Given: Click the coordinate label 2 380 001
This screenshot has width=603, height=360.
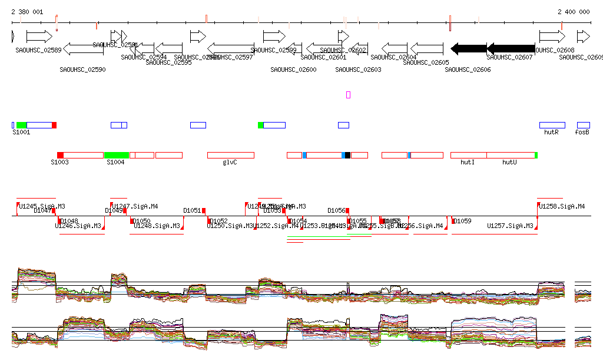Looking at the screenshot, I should pyautogui.click(x=27, y=12).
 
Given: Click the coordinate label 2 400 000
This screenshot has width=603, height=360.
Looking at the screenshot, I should pyautogui.click(x=574, y=12).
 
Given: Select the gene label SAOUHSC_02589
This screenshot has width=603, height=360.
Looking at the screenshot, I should pyautogui.click(x=38, y=50).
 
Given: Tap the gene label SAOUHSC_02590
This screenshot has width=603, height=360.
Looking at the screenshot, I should pyautogui.click(x=82, y=70).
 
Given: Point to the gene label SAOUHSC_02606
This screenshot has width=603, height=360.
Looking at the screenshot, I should pyautogui.click(x=468, y=70).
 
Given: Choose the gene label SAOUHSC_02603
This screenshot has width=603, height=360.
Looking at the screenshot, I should pyautogui.click(x=358, y=70).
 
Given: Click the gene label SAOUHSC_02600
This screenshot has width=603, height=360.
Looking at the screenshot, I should pyautogui.click(x=293, y=70).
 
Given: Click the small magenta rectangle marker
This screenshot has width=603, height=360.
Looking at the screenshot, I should pyautogui.click(x=348, y=94).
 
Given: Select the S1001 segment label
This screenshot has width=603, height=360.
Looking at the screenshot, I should pyautogui.click(x=21, y=133).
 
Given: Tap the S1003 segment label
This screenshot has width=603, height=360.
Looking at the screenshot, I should pyautogui.click(x=59, y=162).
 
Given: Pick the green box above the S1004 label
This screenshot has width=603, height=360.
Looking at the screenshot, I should pyautogui.click(x=117, y=155).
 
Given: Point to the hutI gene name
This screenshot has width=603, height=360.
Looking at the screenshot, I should pyautogui.click(x=468, y=162).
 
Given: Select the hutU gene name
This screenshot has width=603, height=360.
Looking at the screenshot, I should pyautogui.click(x=509, y=162).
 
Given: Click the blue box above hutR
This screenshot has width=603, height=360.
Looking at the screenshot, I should pyautogui.click(x=552, y=125).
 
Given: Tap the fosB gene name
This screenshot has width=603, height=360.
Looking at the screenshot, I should pyautogui.click(x=582, y=133).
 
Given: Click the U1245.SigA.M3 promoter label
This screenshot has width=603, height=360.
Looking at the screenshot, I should pyautogui.click(x=42, y=206).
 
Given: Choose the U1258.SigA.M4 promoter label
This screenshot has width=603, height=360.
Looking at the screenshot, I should pyautogui.click(x=562, y=206).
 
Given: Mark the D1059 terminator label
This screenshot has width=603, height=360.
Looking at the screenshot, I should pyautogui.click(x=462, y=221).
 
